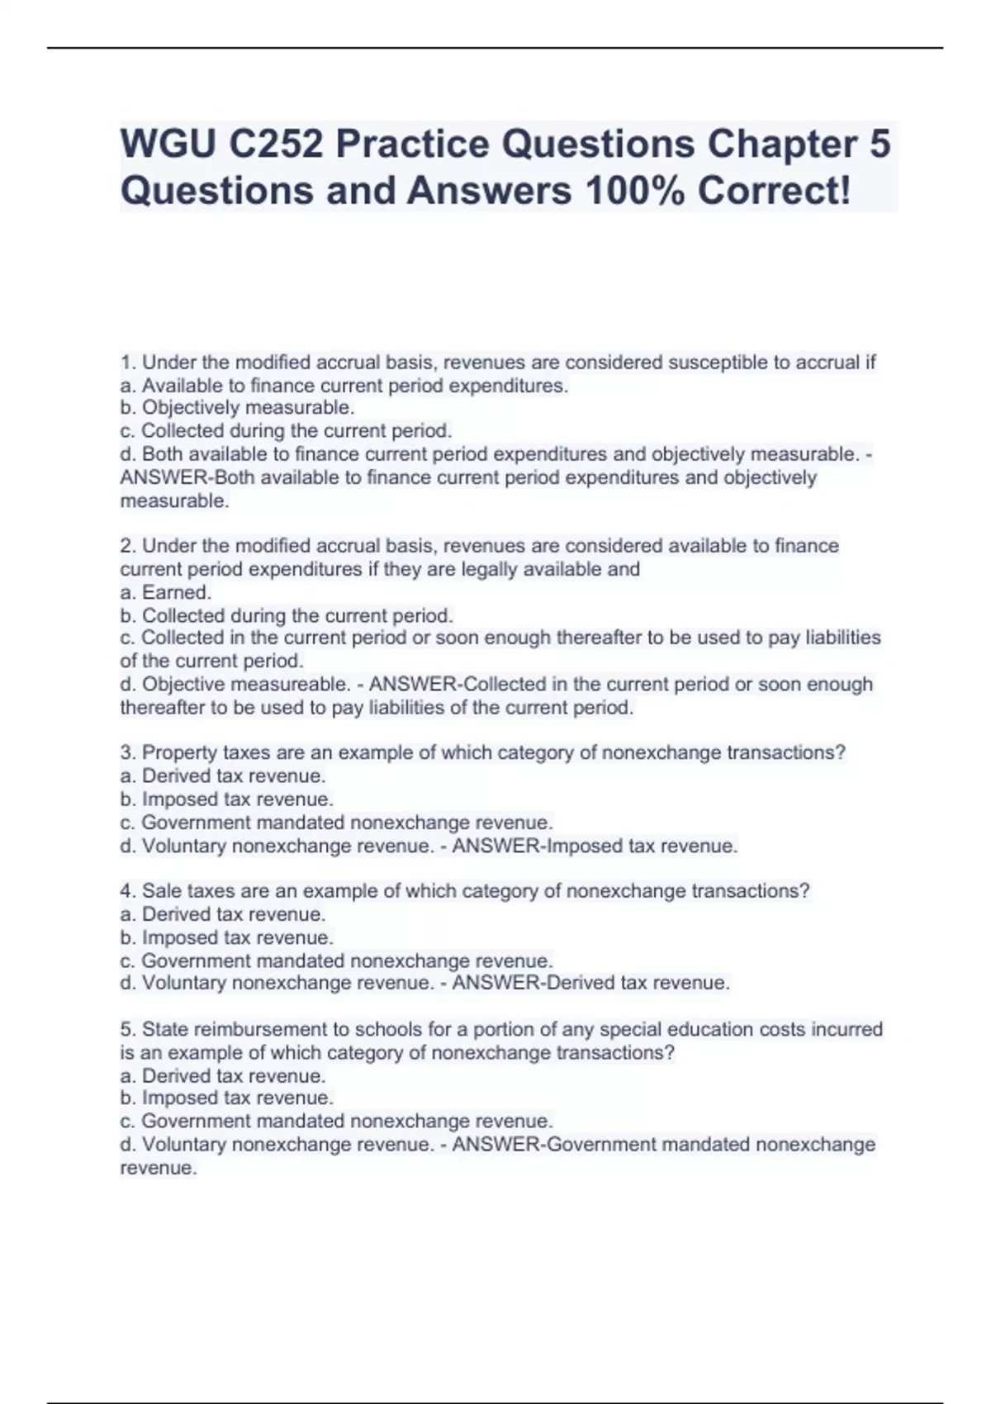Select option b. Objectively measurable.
238,408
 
